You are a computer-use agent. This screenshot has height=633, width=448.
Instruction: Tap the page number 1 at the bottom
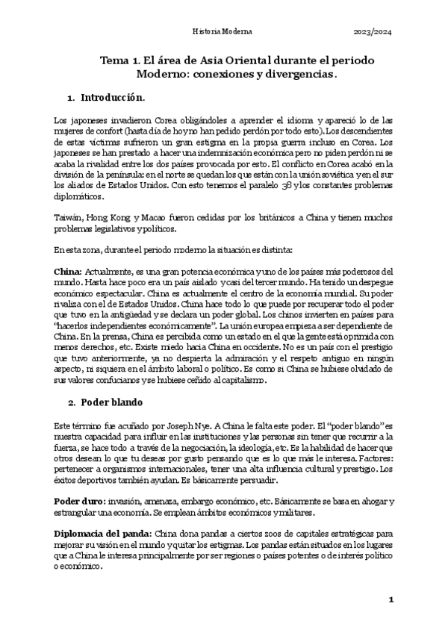pyautogui.click(x=390, y=600)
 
